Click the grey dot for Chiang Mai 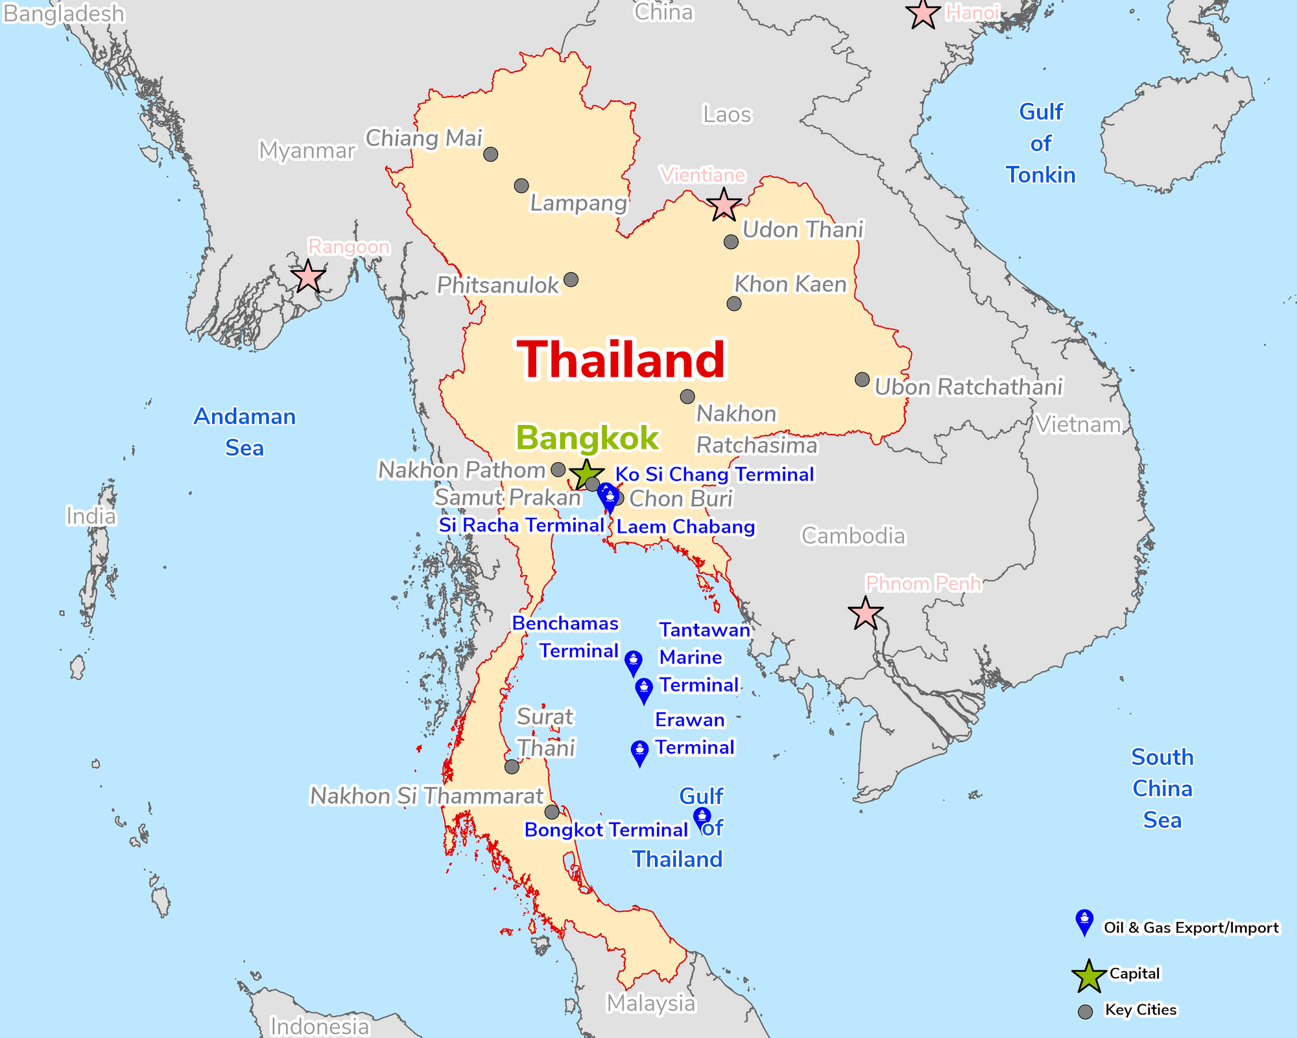click(491, 154)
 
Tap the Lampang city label click(578, 203)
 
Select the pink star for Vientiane click(724, 206)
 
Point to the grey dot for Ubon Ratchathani click(862, 380)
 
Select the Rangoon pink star click(308, 277)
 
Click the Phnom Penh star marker click(865, 613)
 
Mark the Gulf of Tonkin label click(1040, 143)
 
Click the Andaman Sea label click(244, 432)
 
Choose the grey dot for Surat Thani click(512, 767)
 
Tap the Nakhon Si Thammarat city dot click(552, 812)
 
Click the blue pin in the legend click(1084, 921)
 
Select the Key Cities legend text click(1140, 1009)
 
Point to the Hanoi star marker click(922, 14)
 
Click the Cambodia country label click(853, 536)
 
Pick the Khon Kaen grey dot click(734, 304)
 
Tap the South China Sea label click(1162, 788)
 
